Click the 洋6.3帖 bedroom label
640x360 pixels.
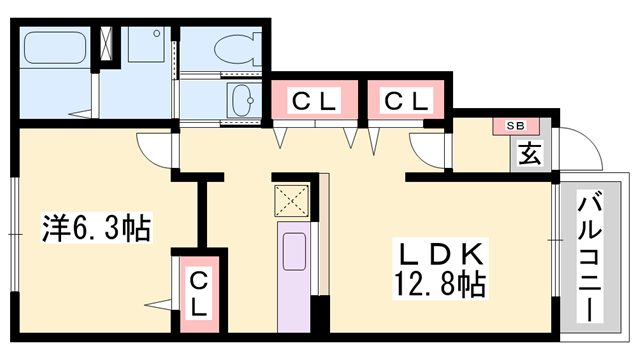pos(97,228)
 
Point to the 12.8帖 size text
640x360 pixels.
pos(440,284)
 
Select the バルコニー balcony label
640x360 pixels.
pos(590,256)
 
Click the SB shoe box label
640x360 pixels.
pos(515,126)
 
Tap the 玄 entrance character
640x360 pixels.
pos(530,153)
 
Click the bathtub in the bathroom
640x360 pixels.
pos(55,47)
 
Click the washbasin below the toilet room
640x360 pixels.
pos(243,100)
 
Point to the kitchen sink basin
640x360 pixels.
pos(294,251)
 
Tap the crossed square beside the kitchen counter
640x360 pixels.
pos(291,200)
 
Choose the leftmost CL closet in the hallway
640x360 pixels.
pos(315,100)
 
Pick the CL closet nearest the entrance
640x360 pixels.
pos(406,100)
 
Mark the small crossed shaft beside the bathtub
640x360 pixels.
pos(108,43)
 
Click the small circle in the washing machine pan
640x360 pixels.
pos(157,34)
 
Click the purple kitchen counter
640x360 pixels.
pos(294,277)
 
